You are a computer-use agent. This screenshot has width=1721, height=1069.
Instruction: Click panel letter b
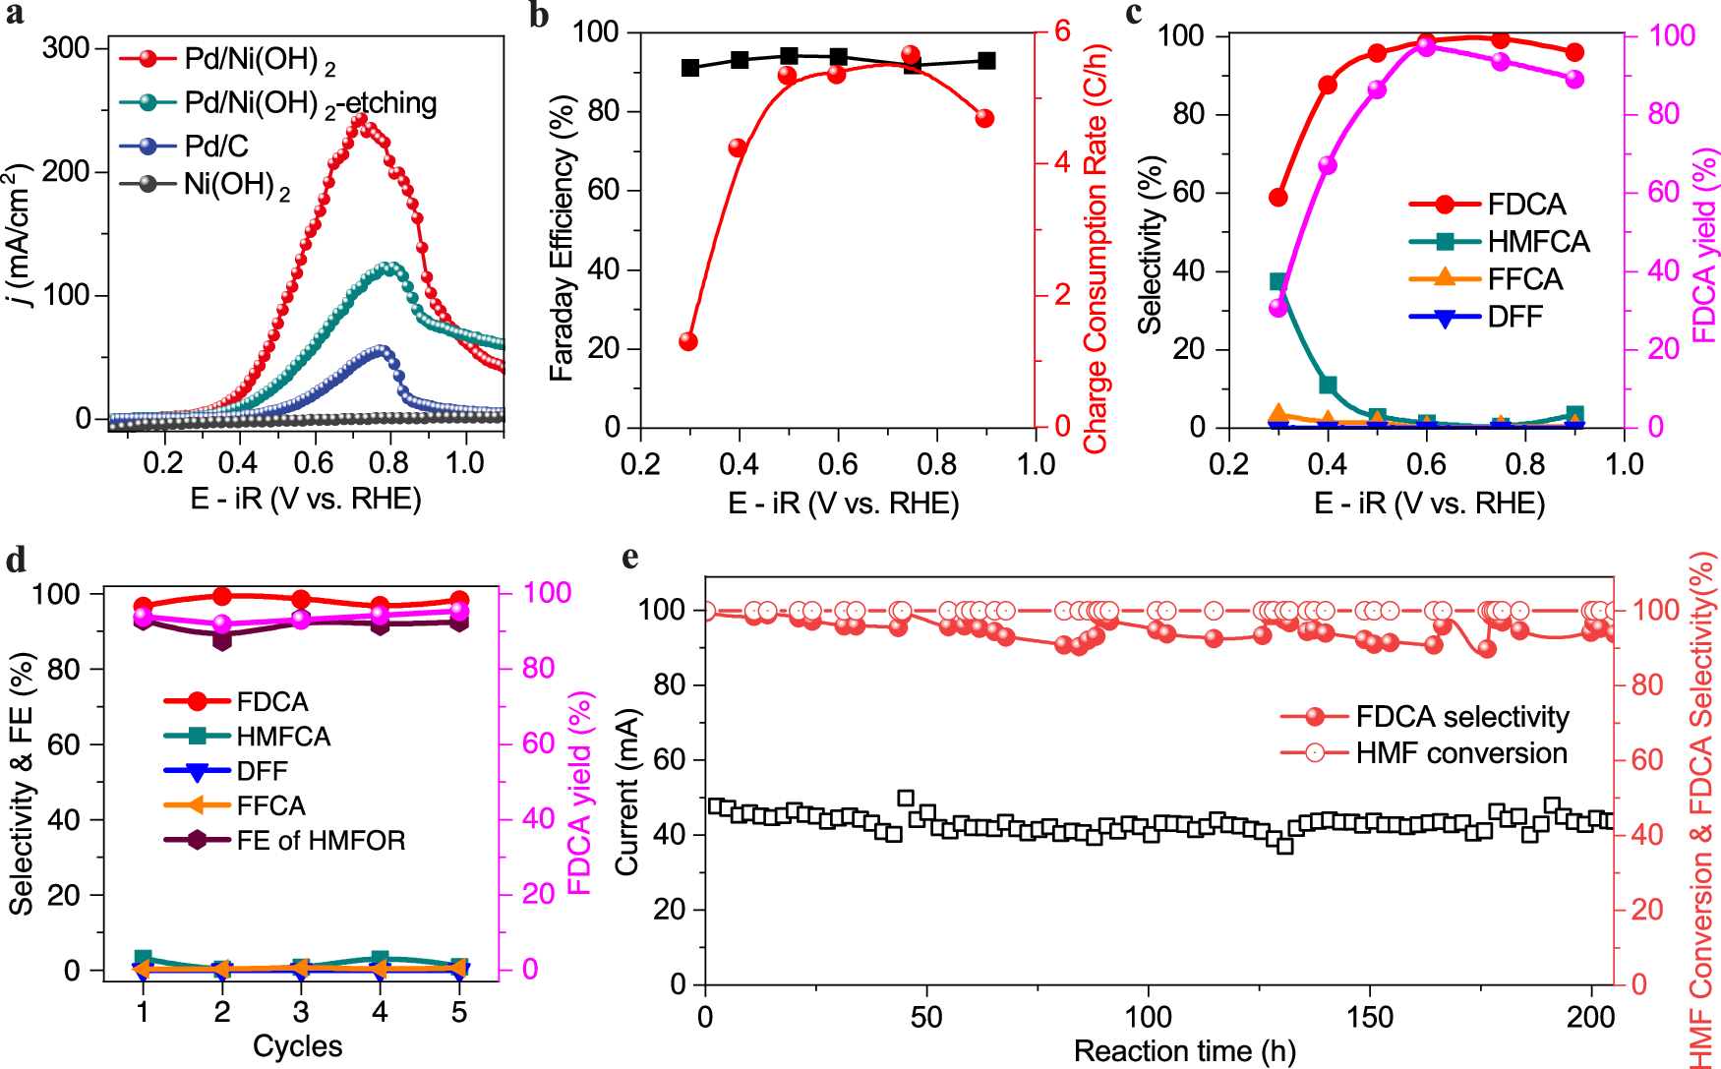coord(538,17)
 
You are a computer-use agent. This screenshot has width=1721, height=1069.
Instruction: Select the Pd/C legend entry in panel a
coord(216,147)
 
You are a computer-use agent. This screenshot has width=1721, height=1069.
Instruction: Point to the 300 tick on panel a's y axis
coord(66,48)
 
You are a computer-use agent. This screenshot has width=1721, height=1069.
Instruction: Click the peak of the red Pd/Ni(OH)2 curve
coord(360,119)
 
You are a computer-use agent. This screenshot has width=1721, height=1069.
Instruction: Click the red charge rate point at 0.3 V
coord(688,341)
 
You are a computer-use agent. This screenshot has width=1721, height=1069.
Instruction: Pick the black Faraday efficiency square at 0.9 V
coord(986,61)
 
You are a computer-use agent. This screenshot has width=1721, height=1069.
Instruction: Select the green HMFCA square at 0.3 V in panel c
coord(1278,282)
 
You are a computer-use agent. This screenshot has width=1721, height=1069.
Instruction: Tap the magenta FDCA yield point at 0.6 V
coord(1427,47)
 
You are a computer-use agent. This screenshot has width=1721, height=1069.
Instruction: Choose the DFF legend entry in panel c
coord(1514,317)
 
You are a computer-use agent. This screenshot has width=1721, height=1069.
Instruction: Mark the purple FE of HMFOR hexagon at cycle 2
coord(222,639)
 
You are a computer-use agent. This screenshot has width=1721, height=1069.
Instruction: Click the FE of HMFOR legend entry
coord(320,840)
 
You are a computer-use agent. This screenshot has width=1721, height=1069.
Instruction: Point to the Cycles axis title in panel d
coord(297,1045)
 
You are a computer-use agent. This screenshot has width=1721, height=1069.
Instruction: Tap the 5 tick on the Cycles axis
coord(459,1012)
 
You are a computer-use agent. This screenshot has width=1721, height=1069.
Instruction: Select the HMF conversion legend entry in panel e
coord(1460,753)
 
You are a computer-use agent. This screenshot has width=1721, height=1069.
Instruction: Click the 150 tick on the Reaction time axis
coord(1370,1017)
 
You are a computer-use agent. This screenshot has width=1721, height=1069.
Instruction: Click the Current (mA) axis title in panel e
coord(627,793)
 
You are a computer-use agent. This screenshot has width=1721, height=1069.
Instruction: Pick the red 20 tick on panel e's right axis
coord(1647,910)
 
